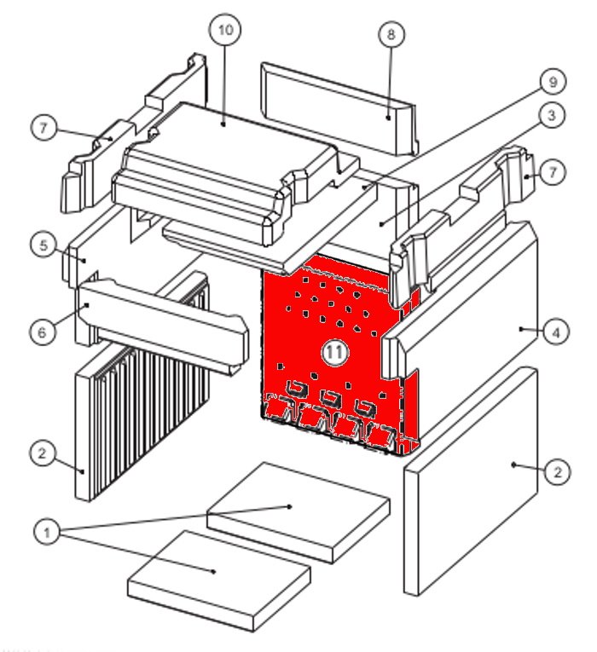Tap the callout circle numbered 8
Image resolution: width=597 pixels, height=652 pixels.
pyautogui.click(x=391, y=35)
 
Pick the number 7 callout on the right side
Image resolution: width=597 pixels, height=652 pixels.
pyautogui.click(x=553, y=173)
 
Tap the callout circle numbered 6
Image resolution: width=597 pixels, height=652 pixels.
pyautogui.click(x=43, y=332)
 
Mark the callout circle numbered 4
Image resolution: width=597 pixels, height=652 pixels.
pyautogui.click(x=556, y=332)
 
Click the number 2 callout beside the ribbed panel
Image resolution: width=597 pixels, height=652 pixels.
pyautogui.click(x=42, y=453)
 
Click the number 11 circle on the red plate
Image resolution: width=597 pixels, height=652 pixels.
pyautogui.click(x=335, y=351)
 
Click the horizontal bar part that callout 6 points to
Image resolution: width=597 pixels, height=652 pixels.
pyautogui.click(x=162, y=324)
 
